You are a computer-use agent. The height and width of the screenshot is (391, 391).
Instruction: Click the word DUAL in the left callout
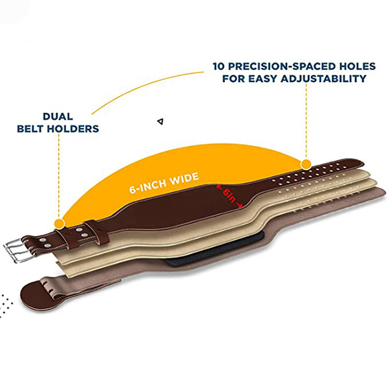58,116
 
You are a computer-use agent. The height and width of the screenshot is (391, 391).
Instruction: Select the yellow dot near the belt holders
59,223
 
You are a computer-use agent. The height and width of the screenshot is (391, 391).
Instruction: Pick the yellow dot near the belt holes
306,164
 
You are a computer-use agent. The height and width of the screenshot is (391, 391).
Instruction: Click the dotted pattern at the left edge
5,305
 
